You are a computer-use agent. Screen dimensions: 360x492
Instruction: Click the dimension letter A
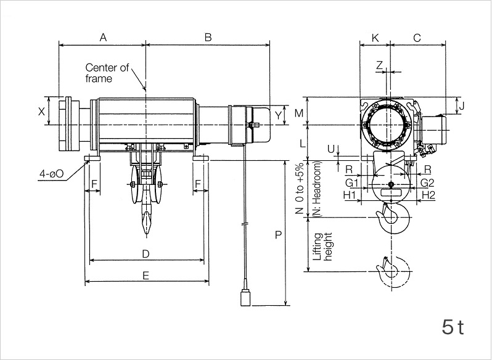(x=103, y=38)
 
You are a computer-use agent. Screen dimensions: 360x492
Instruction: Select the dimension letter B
(x=208, y=38)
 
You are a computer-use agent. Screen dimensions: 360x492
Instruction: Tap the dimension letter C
(x=417, y=38)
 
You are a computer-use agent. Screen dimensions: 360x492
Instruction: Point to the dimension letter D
(x=146, y=253)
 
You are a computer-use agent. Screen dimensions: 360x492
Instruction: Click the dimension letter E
(x=146, y=276)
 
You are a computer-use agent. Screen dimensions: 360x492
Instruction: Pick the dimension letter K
(x=375, y=38)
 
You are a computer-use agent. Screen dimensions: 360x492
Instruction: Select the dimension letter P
(x=278, y=235)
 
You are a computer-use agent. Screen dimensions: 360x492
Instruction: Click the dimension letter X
(x=41, y=112)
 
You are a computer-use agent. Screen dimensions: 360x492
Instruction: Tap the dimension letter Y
(x=278, y=115)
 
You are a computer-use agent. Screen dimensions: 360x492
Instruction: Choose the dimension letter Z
(x=380, y=65)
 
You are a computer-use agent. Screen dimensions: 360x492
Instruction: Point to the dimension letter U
(x=331, y=149)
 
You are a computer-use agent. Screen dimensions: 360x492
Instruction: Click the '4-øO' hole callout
(x=51, y=174)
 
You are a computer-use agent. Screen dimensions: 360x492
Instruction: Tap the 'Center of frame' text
(x=107, y=73)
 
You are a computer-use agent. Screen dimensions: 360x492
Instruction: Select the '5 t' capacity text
(x=452, y=327)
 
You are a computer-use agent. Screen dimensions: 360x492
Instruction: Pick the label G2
(x=427, y=183)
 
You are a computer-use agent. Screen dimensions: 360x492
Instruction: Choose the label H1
(x=351, y=195)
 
